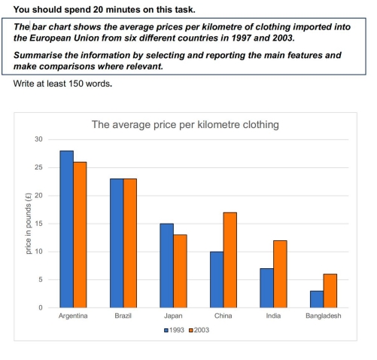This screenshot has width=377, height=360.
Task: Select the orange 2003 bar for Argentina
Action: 80,234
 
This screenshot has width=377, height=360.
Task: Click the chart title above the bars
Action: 185,124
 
